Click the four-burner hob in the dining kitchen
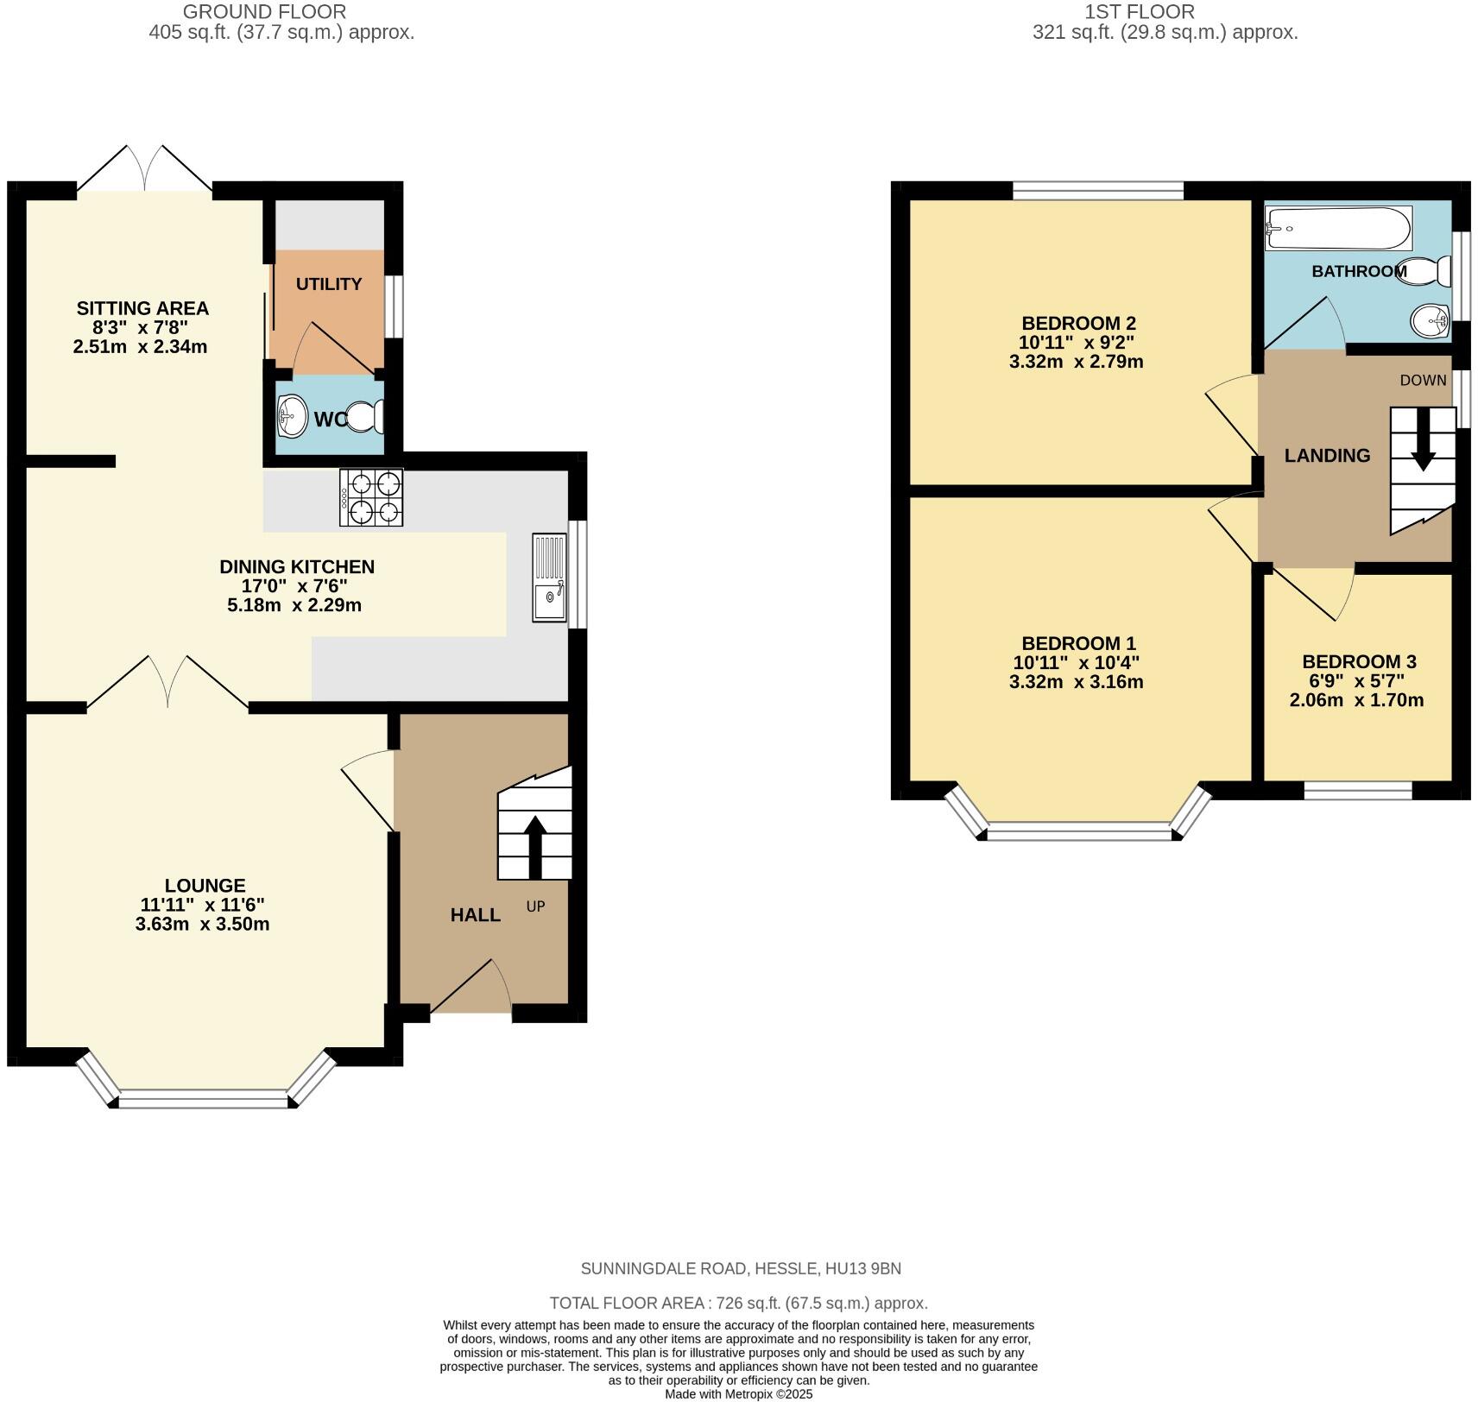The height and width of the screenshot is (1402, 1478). click(372, 497)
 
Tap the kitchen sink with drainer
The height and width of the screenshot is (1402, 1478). click(549, 578)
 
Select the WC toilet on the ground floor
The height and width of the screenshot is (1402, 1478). click(365, 417)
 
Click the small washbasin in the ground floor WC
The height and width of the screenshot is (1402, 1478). click(293, 417)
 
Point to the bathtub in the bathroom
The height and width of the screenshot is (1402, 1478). click(1338, 228)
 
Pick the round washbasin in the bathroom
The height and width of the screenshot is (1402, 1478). click(1430, 322)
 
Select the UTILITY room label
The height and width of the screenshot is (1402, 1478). click(329, 284)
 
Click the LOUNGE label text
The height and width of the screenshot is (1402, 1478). click(205, 885)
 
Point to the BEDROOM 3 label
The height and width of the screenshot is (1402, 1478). click(1359, 661)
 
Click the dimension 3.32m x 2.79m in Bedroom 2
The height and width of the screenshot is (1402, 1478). click(1076, 361)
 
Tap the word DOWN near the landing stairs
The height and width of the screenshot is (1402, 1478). click(1423, 380)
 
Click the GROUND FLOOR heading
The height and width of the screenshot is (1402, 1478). click(264, 12)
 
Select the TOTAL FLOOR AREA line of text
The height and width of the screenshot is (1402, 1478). click(738, 1303)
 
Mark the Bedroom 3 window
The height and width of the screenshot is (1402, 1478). click(1357, 790)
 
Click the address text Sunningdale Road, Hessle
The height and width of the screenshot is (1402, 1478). click(740, 1268)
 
